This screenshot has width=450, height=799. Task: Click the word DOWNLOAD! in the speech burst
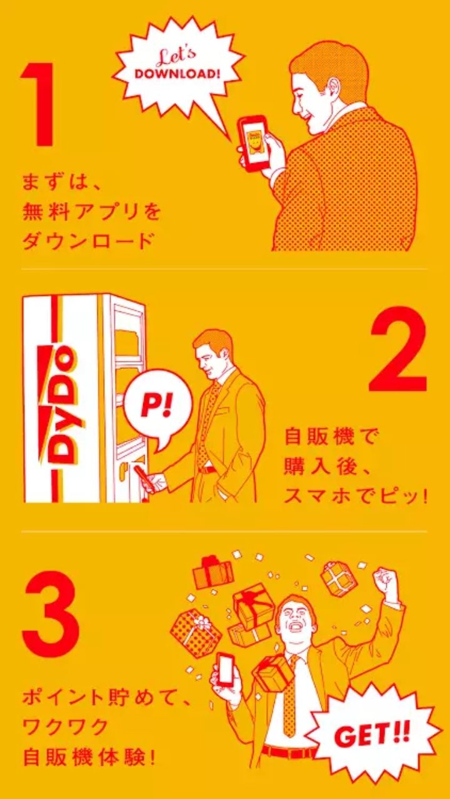tap(177, 74)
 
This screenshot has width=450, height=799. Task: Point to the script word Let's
tap(179, 56)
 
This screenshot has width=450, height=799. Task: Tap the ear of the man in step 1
tap(335, 86)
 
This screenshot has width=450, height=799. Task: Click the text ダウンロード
tap(88, 241)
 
